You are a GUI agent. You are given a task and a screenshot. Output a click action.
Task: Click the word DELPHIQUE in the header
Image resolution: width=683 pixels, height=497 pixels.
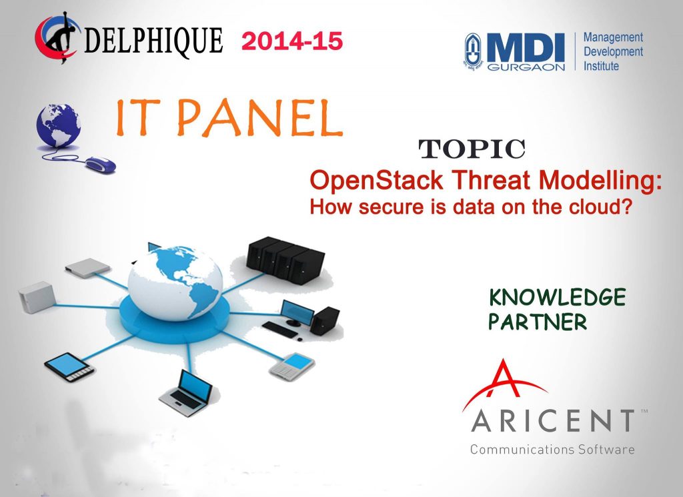(153, 41)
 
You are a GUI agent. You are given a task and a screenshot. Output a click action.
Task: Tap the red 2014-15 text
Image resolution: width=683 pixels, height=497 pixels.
(292, 41)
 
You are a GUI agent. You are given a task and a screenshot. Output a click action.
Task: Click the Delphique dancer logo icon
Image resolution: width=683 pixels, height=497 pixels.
(57, 37)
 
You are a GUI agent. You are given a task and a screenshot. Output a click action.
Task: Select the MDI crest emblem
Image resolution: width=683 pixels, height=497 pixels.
(474, 52)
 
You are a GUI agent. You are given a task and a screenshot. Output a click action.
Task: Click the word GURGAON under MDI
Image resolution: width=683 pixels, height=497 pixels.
(526, 67)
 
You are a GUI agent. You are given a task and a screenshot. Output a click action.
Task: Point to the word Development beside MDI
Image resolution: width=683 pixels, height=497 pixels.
(613, 52)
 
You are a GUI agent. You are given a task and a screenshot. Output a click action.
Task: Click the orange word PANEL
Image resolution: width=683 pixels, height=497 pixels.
(259, 117)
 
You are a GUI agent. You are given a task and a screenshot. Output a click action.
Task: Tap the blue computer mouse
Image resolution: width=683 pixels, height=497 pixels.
(100, 164)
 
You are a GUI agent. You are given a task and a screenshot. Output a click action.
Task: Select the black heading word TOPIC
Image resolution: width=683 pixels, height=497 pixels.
(472, 149)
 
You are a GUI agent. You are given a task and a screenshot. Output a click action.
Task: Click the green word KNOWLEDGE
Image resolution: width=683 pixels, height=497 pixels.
(557, 298)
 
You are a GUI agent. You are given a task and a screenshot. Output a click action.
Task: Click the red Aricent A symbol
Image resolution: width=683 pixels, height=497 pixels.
(504, 384)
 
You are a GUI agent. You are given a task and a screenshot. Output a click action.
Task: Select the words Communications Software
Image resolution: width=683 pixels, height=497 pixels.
(552, 449)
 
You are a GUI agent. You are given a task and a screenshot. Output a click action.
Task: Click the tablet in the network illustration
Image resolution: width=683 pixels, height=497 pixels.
(69, 367)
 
